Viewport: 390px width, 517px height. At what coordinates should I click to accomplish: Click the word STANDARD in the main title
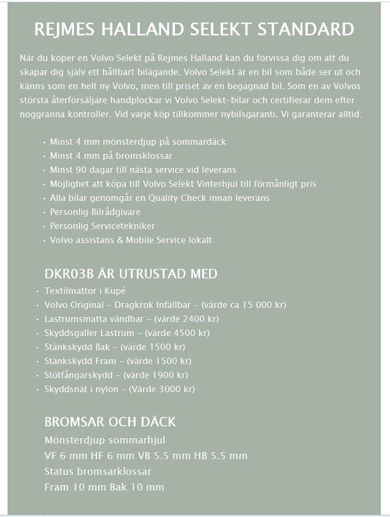(306, 29)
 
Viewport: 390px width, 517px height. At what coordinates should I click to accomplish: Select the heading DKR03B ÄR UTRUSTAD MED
(131, 274)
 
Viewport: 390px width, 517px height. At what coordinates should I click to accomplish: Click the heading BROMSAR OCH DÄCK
(110, 422)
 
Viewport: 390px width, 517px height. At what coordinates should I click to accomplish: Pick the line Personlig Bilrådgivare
(95, 212)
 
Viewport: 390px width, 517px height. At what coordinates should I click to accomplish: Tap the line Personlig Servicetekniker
(102, 226)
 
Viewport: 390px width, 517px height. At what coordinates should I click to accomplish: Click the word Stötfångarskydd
(78, 375)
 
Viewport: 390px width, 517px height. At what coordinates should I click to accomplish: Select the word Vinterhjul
(217, 184)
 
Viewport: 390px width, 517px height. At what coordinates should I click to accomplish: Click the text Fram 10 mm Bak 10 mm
(104, 487)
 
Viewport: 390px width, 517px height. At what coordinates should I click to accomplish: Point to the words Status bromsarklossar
(97, 471)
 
